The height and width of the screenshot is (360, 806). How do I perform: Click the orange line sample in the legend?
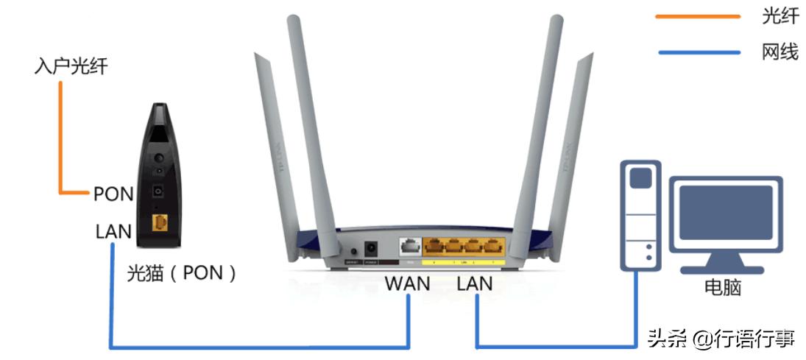click(697, 16)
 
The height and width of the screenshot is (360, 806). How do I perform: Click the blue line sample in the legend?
click(697, 52)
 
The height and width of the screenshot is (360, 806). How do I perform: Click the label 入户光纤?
click(71, 66)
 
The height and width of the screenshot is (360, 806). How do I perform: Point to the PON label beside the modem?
click(113, 194)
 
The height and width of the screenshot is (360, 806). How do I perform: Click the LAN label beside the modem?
click(113, 232)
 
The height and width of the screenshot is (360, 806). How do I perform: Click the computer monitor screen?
click(725, 212)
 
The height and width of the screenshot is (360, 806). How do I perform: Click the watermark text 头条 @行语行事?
click(721, 339)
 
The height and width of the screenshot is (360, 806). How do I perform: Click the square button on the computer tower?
click(640, 177)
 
